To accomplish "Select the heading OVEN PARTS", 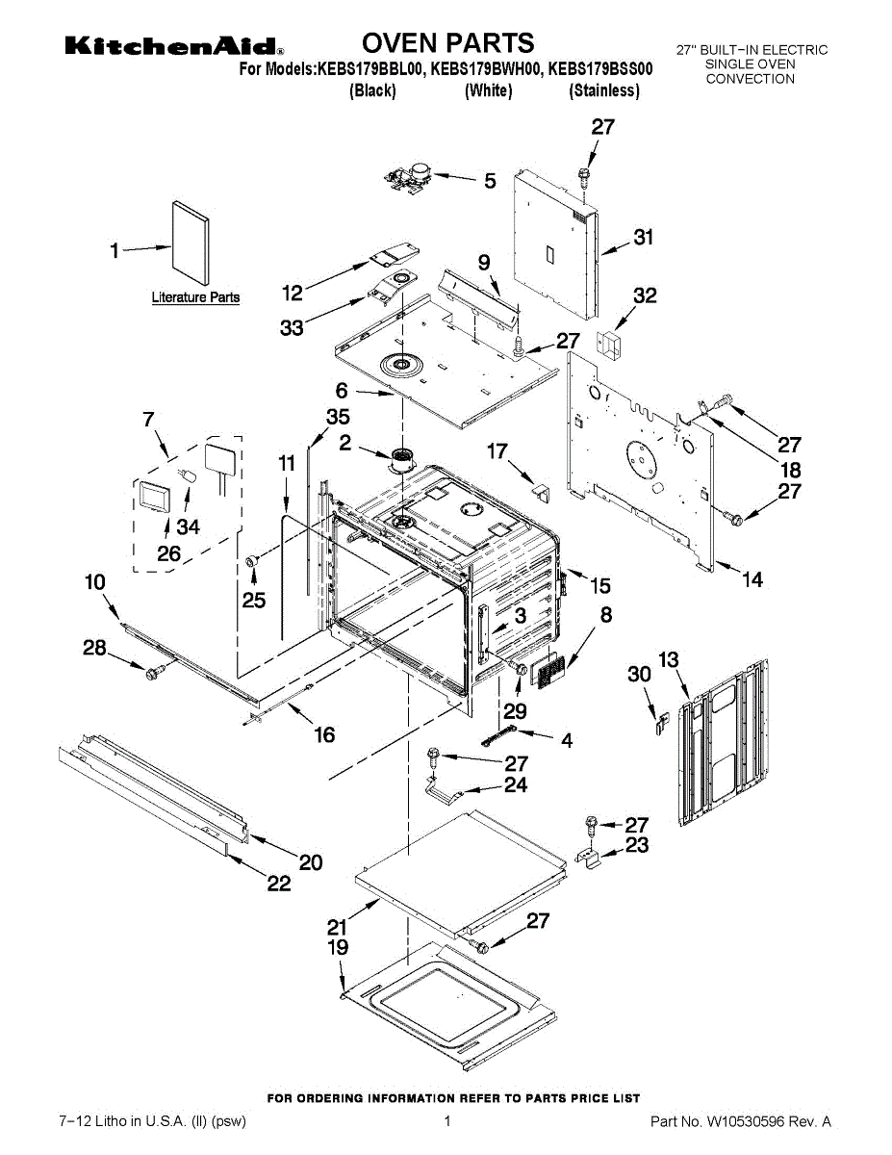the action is pyautogui.click(x=447, y=42).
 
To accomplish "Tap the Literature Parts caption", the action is pyautogui.click(x=195, y=297).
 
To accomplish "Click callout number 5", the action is pyautogui.click(x=490, y=181).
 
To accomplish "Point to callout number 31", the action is pyautogui.click(x=644, y=237).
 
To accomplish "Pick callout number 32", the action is pyautogui.click(x=645, y=295).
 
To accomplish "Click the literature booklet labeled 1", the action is pyautogui.click(x=191, y=243).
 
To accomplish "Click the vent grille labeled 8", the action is pyautogui.click(x=548, y=671).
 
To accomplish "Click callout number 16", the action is pyautogui.click(x=324, y=734).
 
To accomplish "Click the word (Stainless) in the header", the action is pyautogui.click(x=604, y=90).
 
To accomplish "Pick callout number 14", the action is pyautogui.click(x=752, y=579).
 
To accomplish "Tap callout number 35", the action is pyautogui.click(x=338, y=417).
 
